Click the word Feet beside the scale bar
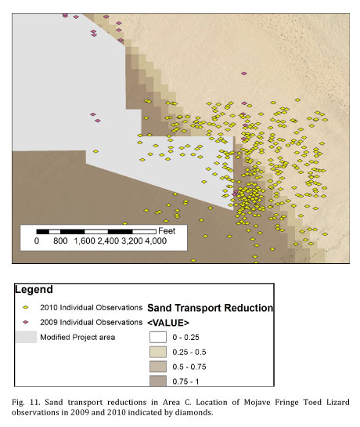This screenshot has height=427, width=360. point(167,231)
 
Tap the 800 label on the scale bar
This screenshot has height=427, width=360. point(60,241)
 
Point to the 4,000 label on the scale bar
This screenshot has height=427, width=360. point(156,241)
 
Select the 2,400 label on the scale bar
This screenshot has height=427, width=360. point(108,241)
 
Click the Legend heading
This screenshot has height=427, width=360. point(34,289)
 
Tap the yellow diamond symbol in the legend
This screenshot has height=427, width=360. point(26,307)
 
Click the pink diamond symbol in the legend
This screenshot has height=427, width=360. point(26,322)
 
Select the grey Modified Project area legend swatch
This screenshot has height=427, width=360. point(26,337)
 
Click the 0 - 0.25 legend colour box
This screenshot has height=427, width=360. point(158,337)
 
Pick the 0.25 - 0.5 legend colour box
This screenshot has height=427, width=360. point(158,352)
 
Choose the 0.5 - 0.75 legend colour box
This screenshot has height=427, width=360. point(158,367)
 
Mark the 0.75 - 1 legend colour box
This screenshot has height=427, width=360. point(158,381)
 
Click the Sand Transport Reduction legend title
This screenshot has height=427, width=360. point(210,308)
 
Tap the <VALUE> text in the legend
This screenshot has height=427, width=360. point(168,323)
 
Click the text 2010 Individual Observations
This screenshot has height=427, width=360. point(91,307)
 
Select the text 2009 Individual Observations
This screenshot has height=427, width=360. point(91,322)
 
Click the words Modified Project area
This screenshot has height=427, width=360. point(77,337)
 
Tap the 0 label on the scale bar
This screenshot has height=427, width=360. point(37,241)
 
